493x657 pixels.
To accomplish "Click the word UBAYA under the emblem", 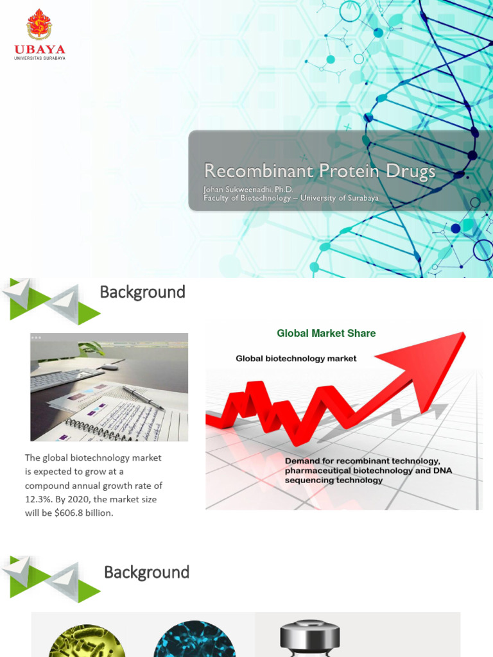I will (x=40, y=49).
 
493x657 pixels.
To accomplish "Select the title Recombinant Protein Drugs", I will (x=319, y=171).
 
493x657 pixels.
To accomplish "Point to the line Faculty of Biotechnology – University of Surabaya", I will (x=291, y=198).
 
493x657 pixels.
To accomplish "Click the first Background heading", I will (x=143, y=293).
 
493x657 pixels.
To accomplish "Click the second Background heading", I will (x=146, y=572).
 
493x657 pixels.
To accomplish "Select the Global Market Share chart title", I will (x=326, y=334).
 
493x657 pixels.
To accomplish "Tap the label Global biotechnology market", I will (x=296, y=359).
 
